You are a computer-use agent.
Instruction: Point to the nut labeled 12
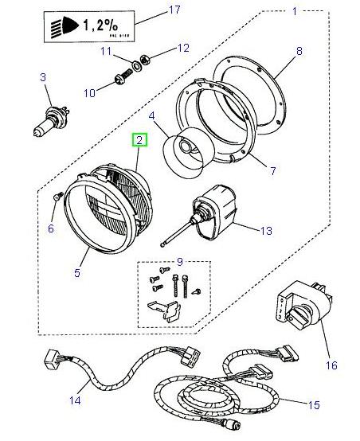(x=146, y=59)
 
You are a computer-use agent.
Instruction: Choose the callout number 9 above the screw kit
(x=179, y=260)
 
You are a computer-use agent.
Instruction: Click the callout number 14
(x=75, y=400)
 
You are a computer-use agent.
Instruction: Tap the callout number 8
(x=299, y=51)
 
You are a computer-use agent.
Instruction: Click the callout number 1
(x=293, y=12)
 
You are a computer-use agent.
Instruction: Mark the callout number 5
(x=77, y=273)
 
